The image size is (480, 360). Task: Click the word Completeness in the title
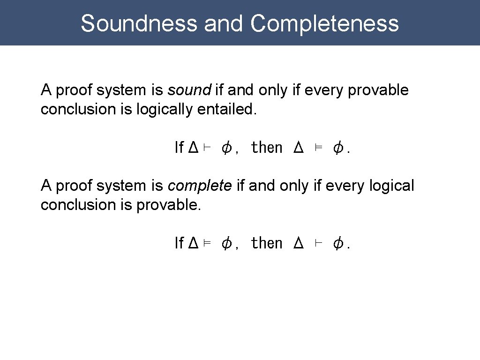click(x=324, y=23)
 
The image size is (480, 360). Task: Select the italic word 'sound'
click(x=189, y=90)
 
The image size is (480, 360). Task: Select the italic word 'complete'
click(x=200, y=186)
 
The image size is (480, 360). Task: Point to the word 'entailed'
click(x=227, y=109)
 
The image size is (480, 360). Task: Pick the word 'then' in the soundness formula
click(x=267, y=148)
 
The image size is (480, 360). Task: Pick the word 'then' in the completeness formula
click(x=267, y=243)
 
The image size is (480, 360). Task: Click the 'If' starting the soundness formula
click(x=179, y=148)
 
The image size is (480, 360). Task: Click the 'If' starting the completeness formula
click(x=179, y=243)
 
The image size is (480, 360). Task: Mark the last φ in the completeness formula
click(x=337, y=243)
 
